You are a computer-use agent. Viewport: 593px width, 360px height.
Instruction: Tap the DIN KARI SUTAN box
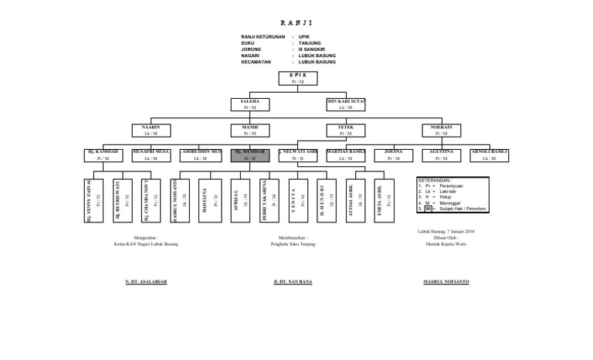coord(346,104)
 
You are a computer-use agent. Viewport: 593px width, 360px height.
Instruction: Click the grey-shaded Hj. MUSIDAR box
coord(249,155)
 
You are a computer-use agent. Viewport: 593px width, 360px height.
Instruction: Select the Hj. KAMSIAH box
coord(103,155)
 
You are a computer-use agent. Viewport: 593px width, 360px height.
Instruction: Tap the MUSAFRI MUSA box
coord(151,155)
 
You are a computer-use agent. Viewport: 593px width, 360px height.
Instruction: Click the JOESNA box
coord(395,155)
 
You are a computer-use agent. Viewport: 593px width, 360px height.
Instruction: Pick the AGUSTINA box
coord(442,155)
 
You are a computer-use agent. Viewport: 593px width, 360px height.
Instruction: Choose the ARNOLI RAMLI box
coord(490,155)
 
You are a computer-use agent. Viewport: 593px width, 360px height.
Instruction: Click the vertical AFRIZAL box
coord(240,199)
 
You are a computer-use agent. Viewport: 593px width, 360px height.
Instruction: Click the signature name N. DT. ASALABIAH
coord(145,281)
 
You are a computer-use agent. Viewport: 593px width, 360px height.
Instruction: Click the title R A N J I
coord(292,23)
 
